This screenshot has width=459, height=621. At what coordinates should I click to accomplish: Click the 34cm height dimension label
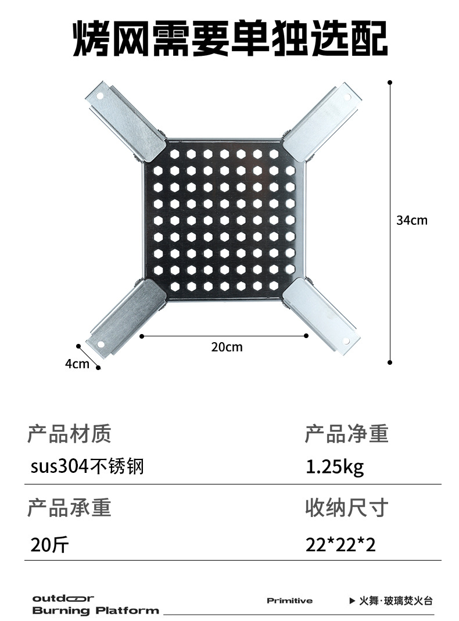[411, 220]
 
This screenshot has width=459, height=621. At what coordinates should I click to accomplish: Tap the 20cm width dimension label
[227, 347]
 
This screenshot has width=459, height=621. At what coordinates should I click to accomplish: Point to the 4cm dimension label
[77, 364]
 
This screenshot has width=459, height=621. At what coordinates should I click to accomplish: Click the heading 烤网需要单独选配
[230, 39]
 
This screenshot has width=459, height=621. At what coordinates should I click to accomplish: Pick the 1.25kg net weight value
[335, 466]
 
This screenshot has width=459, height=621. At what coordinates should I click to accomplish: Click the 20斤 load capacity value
[50, 544]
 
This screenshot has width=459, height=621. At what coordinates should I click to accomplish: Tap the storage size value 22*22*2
[340, 544]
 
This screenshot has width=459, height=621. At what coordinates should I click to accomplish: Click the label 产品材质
[69, 433]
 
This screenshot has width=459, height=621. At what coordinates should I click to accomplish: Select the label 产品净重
[346, 433]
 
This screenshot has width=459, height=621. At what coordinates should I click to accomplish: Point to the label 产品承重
[69, 508]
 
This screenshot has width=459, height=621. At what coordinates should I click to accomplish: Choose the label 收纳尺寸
[346, 508]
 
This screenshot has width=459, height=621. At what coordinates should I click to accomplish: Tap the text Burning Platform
[95, 611]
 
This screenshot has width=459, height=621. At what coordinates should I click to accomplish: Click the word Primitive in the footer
[289, 601]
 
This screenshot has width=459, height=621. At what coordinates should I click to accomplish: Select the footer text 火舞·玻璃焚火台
[396, 601]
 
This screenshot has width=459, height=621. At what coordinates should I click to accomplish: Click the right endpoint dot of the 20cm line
[307, 335]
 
